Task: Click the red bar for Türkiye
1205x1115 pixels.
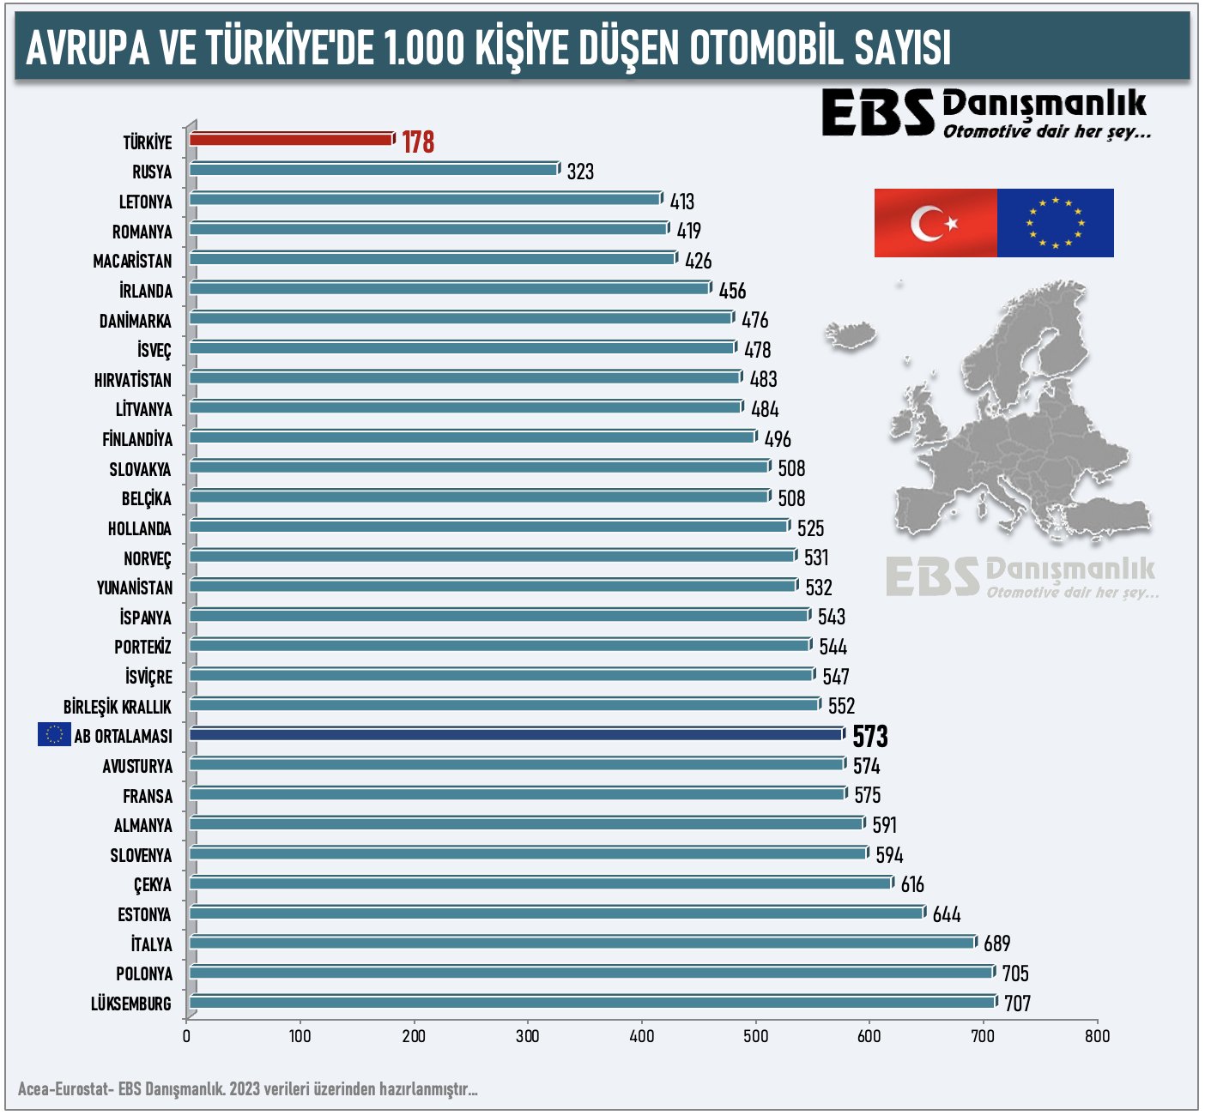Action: pos(291,139)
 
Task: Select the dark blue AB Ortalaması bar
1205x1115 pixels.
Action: pos(515,734)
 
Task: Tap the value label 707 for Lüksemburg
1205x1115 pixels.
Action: pos(1017,1003)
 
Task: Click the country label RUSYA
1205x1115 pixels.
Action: pos(152,172)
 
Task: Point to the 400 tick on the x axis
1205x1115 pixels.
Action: pos(642,1035)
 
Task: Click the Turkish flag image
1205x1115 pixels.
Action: pos(936,223)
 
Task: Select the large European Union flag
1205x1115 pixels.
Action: pos(1056,223)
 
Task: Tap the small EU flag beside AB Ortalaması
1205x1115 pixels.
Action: pos(54,734)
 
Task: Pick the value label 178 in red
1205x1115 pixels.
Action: pos(418,142)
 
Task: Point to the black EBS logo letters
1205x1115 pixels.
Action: pos(877,113)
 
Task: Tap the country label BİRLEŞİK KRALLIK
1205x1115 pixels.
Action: pos(118,707)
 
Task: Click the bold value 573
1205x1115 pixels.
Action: pos(869,737)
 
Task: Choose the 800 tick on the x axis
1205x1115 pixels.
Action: pos(1097,1035)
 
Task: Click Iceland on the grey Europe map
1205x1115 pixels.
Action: pos(851,334)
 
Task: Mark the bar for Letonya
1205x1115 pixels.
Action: pos(425,199)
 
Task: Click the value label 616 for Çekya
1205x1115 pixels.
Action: pos(912,884)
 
